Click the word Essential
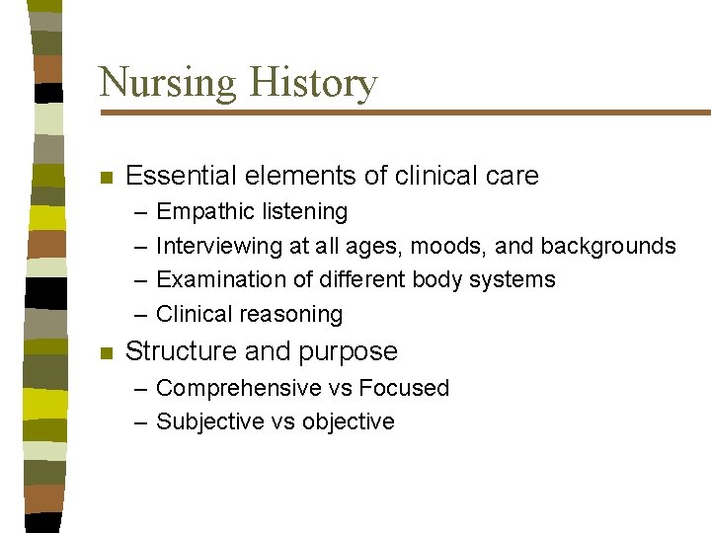click(x=182, y=176)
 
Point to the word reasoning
click(x=296, y=315)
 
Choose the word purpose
click(x=354, y=352)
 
